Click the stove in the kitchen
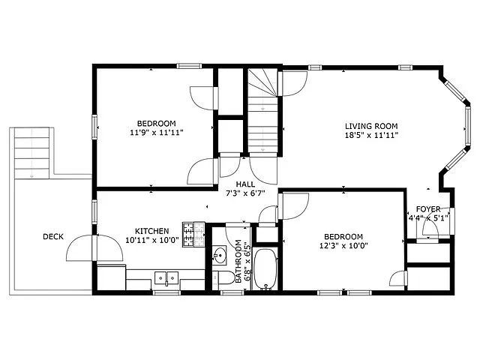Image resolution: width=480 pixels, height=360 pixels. [x=193, y=235]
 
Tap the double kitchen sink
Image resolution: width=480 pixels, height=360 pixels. [x=166, y=277]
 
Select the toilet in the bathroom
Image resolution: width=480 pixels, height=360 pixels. [x=223, y=279]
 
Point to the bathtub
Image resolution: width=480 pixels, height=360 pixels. [x=265, y=270]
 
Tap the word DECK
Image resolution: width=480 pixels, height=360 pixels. [x=52, y=237]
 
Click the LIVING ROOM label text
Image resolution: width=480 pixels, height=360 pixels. [x=370, y=126]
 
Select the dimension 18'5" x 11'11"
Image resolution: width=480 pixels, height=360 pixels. [x=370, y=136]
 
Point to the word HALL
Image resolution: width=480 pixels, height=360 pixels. [x=245, y=183]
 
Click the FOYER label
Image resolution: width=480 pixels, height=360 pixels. [x=428, y=209]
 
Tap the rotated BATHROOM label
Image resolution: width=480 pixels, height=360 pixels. [x=238, y=261]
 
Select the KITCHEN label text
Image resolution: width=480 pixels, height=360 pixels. [x=151, y=231]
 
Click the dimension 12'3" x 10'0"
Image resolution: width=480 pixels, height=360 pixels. [x=343, y=245]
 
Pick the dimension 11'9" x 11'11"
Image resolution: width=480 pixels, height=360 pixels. [x=156, y=132]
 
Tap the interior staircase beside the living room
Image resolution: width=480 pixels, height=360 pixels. [x=263, y=112]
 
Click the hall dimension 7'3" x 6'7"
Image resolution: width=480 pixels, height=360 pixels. [x=245, y=193]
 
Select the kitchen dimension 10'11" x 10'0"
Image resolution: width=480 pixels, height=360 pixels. [x=151, y=241]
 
